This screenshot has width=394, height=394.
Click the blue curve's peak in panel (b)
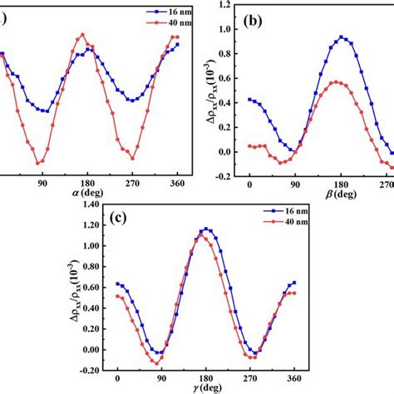[342, 37]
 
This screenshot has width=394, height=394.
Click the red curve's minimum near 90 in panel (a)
[39, 163]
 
